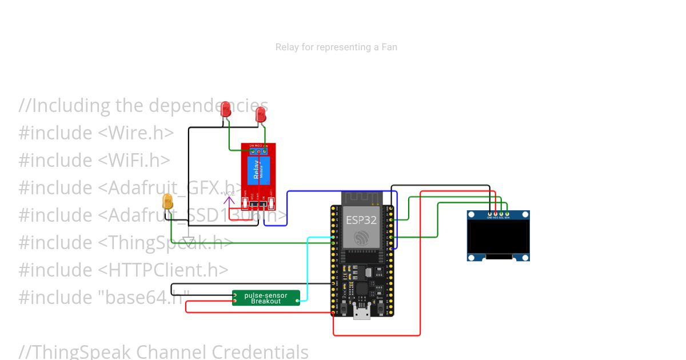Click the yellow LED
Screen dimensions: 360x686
click(167, 202)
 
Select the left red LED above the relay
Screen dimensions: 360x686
click(226, 109)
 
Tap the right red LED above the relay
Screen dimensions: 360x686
click(261, 114)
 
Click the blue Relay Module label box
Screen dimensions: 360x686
click(258, 170)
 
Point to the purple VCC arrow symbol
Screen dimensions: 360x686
click(229, 199)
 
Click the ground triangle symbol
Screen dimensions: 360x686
click(189, 241)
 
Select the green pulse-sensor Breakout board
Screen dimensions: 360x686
click(266, 298)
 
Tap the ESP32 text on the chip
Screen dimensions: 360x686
click(361, 220)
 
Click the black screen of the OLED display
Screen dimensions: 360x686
click(498, 237)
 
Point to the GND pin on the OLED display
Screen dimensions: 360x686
click(489, 214)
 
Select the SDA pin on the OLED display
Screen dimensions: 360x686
click(507, 214)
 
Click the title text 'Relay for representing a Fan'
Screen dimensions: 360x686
click(336, 47)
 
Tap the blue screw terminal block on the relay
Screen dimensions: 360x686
click(258, 151)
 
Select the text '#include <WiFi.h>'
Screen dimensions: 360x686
click(94, 160)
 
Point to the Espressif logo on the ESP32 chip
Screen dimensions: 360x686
click(361, 238)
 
